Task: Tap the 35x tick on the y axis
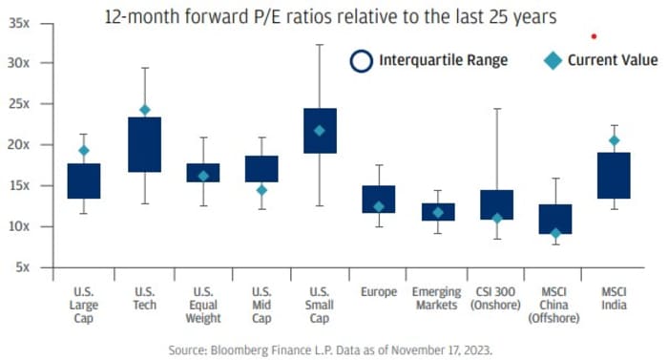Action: [19, 21]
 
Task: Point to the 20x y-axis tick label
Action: [19, 144]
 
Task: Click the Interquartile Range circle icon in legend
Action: [363, 60]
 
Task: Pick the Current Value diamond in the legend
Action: [553, 60]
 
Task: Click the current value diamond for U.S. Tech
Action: [145, 110]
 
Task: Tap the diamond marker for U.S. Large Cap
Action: [84, 150]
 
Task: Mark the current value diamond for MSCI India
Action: [613, 140]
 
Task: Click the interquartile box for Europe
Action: [379, 199]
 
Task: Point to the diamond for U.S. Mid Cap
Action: [261, 190]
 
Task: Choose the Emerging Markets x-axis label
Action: [438, 298]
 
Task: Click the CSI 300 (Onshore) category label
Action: [496, 298]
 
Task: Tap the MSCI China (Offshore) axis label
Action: [554, 305]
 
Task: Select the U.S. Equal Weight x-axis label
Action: [202, 305]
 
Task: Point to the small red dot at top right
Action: [594, 37]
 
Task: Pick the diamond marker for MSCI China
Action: [554, 233]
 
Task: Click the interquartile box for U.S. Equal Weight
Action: [202, 173]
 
